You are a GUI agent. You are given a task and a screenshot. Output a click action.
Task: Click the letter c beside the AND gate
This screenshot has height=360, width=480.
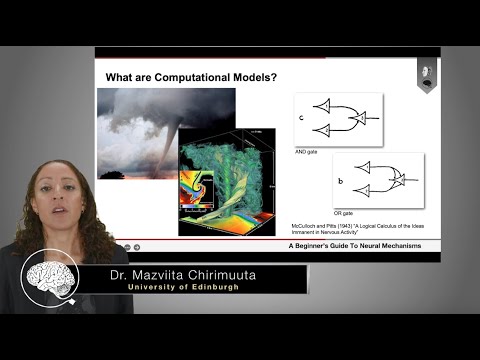pyautogui.click(x=301, y=117)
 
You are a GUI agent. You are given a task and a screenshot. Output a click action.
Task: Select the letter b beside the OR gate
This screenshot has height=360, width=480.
pyautogui.click(x=341, y=181)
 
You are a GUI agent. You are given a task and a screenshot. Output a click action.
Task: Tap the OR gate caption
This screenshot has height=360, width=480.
pyautogui.click(x=345, y=213)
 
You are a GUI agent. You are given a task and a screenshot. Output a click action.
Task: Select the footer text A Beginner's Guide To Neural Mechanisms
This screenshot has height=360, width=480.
pyautogui.click(x=363, y=245)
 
